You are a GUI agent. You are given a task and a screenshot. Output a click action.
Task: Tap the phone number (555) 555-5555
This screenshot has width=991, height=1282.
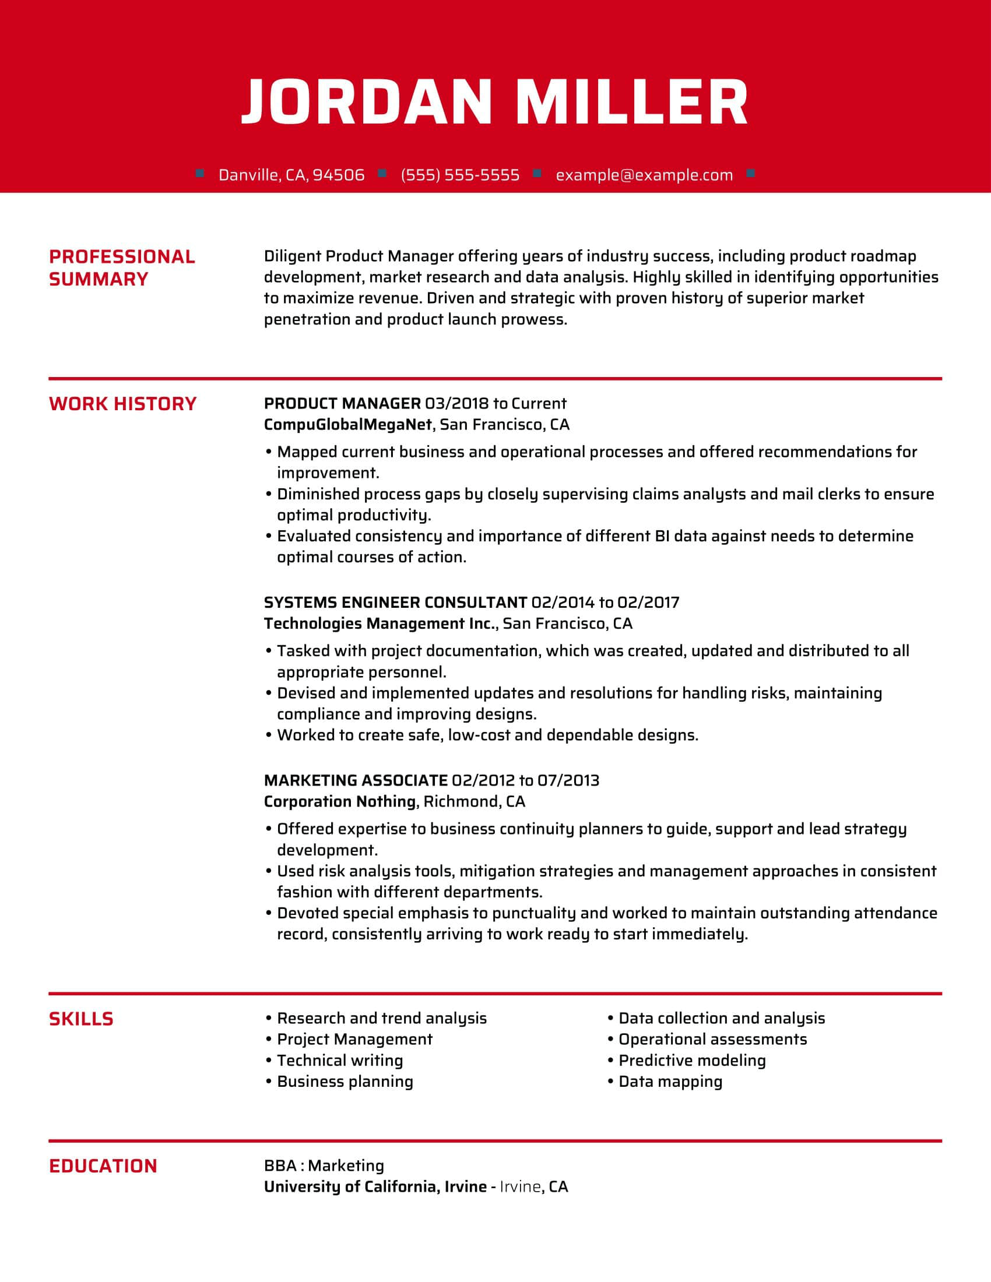tap(460, 175)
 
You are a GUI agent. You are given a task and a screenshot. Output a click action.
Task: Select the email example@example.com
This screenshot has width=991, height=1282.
tap(644, 175)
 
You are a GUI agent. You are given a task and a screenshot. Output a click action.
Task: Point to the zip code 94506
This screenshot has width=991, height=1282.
tap(338, 175)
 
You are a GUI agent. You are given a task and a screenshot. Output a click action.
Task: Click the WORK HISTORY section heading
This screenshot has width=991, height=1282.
tap(122, 404)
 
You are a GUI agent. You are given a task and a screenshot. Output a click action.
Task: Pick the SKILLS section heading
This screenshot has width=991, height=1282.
tap(81, 1019)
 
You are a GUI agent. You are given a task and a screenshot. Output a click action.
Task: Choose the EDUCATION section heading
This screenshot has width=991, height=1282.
tap(103, 1166)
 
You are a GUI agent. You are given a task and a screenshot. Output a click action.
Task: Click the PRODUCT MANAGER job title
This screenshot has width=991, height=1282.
tap(342, 403)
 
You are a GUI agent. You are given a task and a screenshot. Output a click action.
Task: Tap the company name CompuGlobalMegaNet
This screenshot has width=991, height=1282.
tap(347, 424)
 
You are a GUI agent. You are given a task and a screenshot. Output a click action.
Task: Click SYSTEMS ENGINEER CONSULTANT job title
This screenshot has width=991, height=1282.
tap(395, 603)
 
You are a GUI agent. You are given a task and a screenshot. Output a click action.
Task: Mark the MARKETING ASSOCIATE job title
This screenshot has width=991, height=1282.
tap(356, 780)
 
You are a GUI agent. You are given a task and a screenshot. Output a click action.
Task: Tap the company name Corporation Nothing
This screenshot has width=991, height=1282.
tap(340, 801)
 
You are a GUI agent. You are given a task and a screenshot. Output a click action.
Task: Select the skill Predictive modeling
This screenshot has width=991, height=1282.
tap(692, 1060)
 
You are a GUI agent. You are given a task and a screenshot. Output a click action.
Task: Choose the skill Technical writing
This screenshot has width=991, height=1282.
tap(340, 1060)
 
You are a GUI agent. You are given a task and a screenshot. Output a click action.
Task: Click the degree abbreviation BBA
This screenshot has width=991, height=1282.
tap(280, 1165)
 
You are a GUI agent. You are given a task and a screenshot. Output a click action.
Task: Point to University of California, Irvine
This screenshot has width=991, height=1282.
tap(375, 1186)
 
